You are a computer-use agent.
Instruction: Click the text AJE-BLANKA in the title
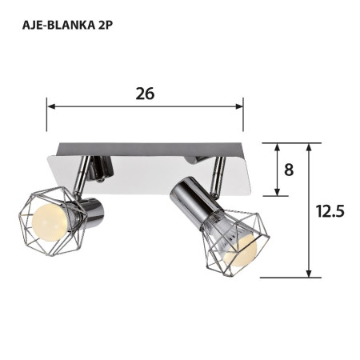click(x=53, y=24)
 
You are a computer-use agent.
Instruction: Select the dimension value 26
click(x=145, y=93)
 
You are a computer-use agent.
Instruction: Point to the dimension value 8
click(x=289, y=170)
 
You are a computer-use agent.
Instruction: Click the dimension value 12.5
click(x=330, y=211)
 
